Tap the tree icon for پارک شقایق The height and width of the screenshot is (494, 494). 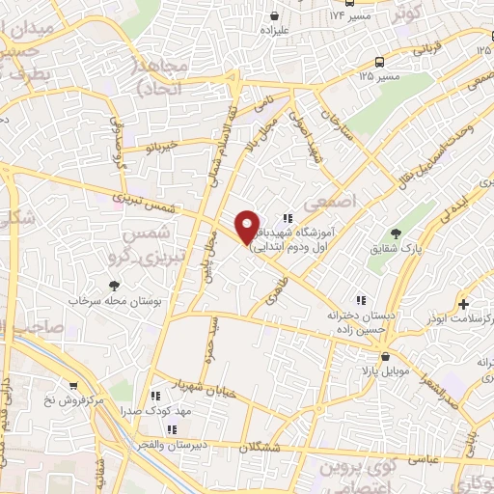point(396,233)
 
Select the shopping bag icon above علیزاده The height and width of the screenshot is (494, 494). point(277,16)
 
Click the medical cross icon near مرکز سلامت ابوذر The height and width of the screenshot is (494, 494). point(465,303)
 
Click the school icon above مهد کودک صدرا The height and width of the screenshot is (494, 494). point(155,396)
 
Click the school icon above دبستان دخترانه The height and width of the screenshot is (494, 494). point(363,300)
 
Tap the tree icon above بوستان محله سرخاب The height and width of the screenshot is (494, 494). point(115,285)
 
